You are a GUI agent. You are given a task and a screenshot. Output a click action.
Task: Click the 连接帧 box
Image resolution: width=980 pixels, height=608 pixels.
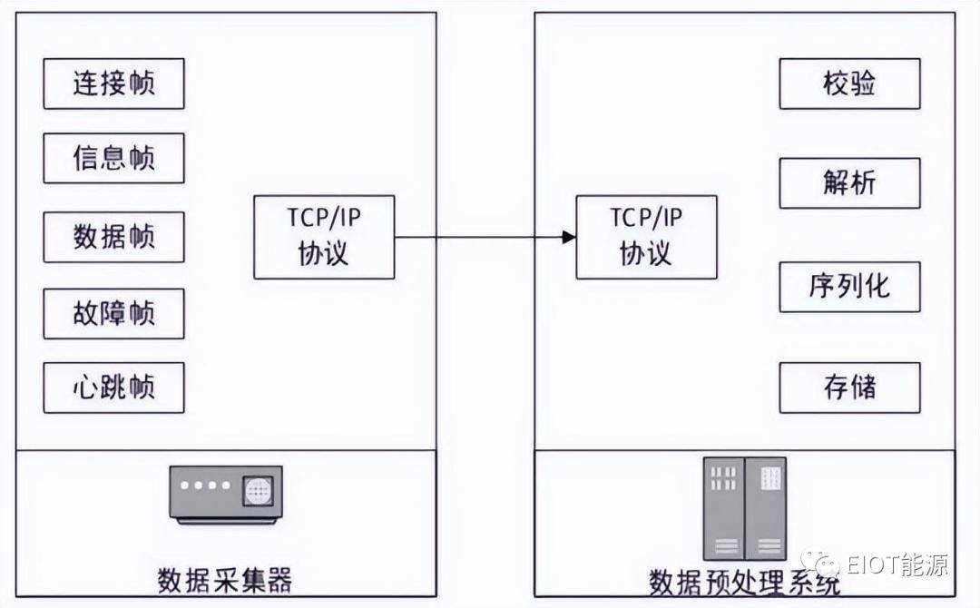point(113,83)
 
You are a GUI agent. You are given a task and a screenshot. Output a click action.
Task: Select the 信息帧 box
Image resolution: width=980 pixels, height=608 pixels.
point(113,158)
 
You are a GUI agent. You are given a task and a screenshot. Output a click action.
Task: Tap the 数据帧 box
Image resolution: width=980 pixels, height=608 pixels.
point(113,237)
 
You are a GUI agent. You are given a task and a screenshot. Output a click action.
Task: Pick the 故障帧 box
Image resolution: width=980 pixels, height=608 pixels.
point(113,314)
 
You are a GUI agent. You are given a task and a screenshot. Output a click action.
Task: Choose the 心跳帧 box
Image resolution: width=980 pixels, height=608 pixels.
point(113,387)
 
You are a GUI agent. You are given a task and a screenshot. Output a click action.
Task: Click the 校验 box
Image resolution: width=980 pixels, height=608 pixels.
point(849,83)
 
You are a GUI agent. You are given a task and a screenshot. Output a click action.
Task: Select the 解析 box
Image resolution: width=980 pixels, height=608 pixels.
point(849,183)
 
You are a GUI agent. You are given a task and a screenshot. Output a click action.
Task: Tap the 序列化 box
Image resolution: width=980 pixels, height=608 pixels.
point(849,287)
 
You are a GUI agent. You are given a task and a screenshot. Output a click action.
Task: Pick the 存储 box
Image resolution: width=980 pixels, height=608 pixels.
point(849,387)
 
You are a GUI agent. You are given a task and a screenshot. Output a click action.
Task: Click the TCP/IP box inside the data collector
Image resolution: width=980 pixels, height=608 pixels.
point(324,237)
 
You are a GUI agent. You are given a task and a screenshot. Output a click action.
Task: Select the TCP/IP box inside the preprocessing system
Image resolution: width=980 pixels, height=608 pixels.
point(646,237)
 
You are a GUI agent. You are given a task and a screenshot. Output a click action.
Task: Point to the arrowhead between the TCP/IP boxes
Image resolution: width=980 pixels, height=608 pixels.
point(569,238)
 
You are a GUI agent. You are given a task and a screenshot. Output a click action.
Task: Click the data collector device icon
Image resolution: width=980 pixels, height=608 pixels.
point(226,495)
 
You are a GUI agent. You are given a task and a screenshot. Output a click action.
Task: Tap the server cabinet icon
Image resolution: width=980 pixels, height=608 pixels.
point(744,509)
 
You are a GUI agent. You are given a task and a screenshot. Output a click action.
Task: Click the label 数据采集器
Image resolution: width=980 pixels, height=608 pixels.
point(224,580)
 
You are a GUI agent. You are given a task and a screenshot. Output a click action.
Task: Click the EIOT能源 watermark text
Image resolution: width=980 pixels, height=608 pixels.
point(897,564)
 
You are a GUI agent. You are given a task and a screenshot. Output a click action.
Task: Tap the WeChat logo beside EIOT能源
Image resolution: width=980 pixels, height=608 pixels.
point(820,562)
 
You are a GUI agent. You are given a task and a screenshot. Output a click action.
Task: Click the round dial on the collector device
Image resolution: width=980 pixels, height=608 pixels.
point(258,491)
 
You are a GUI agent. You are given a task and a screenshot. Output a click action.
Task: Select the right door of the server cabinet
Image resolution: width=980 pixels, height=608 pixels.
point(766,509)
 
